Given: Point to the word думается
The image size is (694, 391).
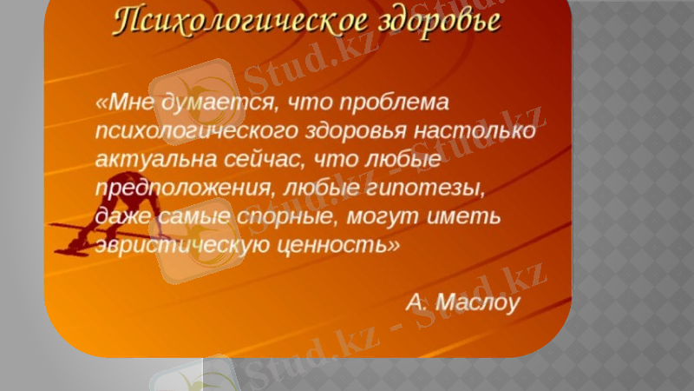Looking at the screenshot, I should [211, 102].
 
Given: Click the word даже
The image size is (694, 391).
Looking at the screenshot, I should [120, 216].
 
